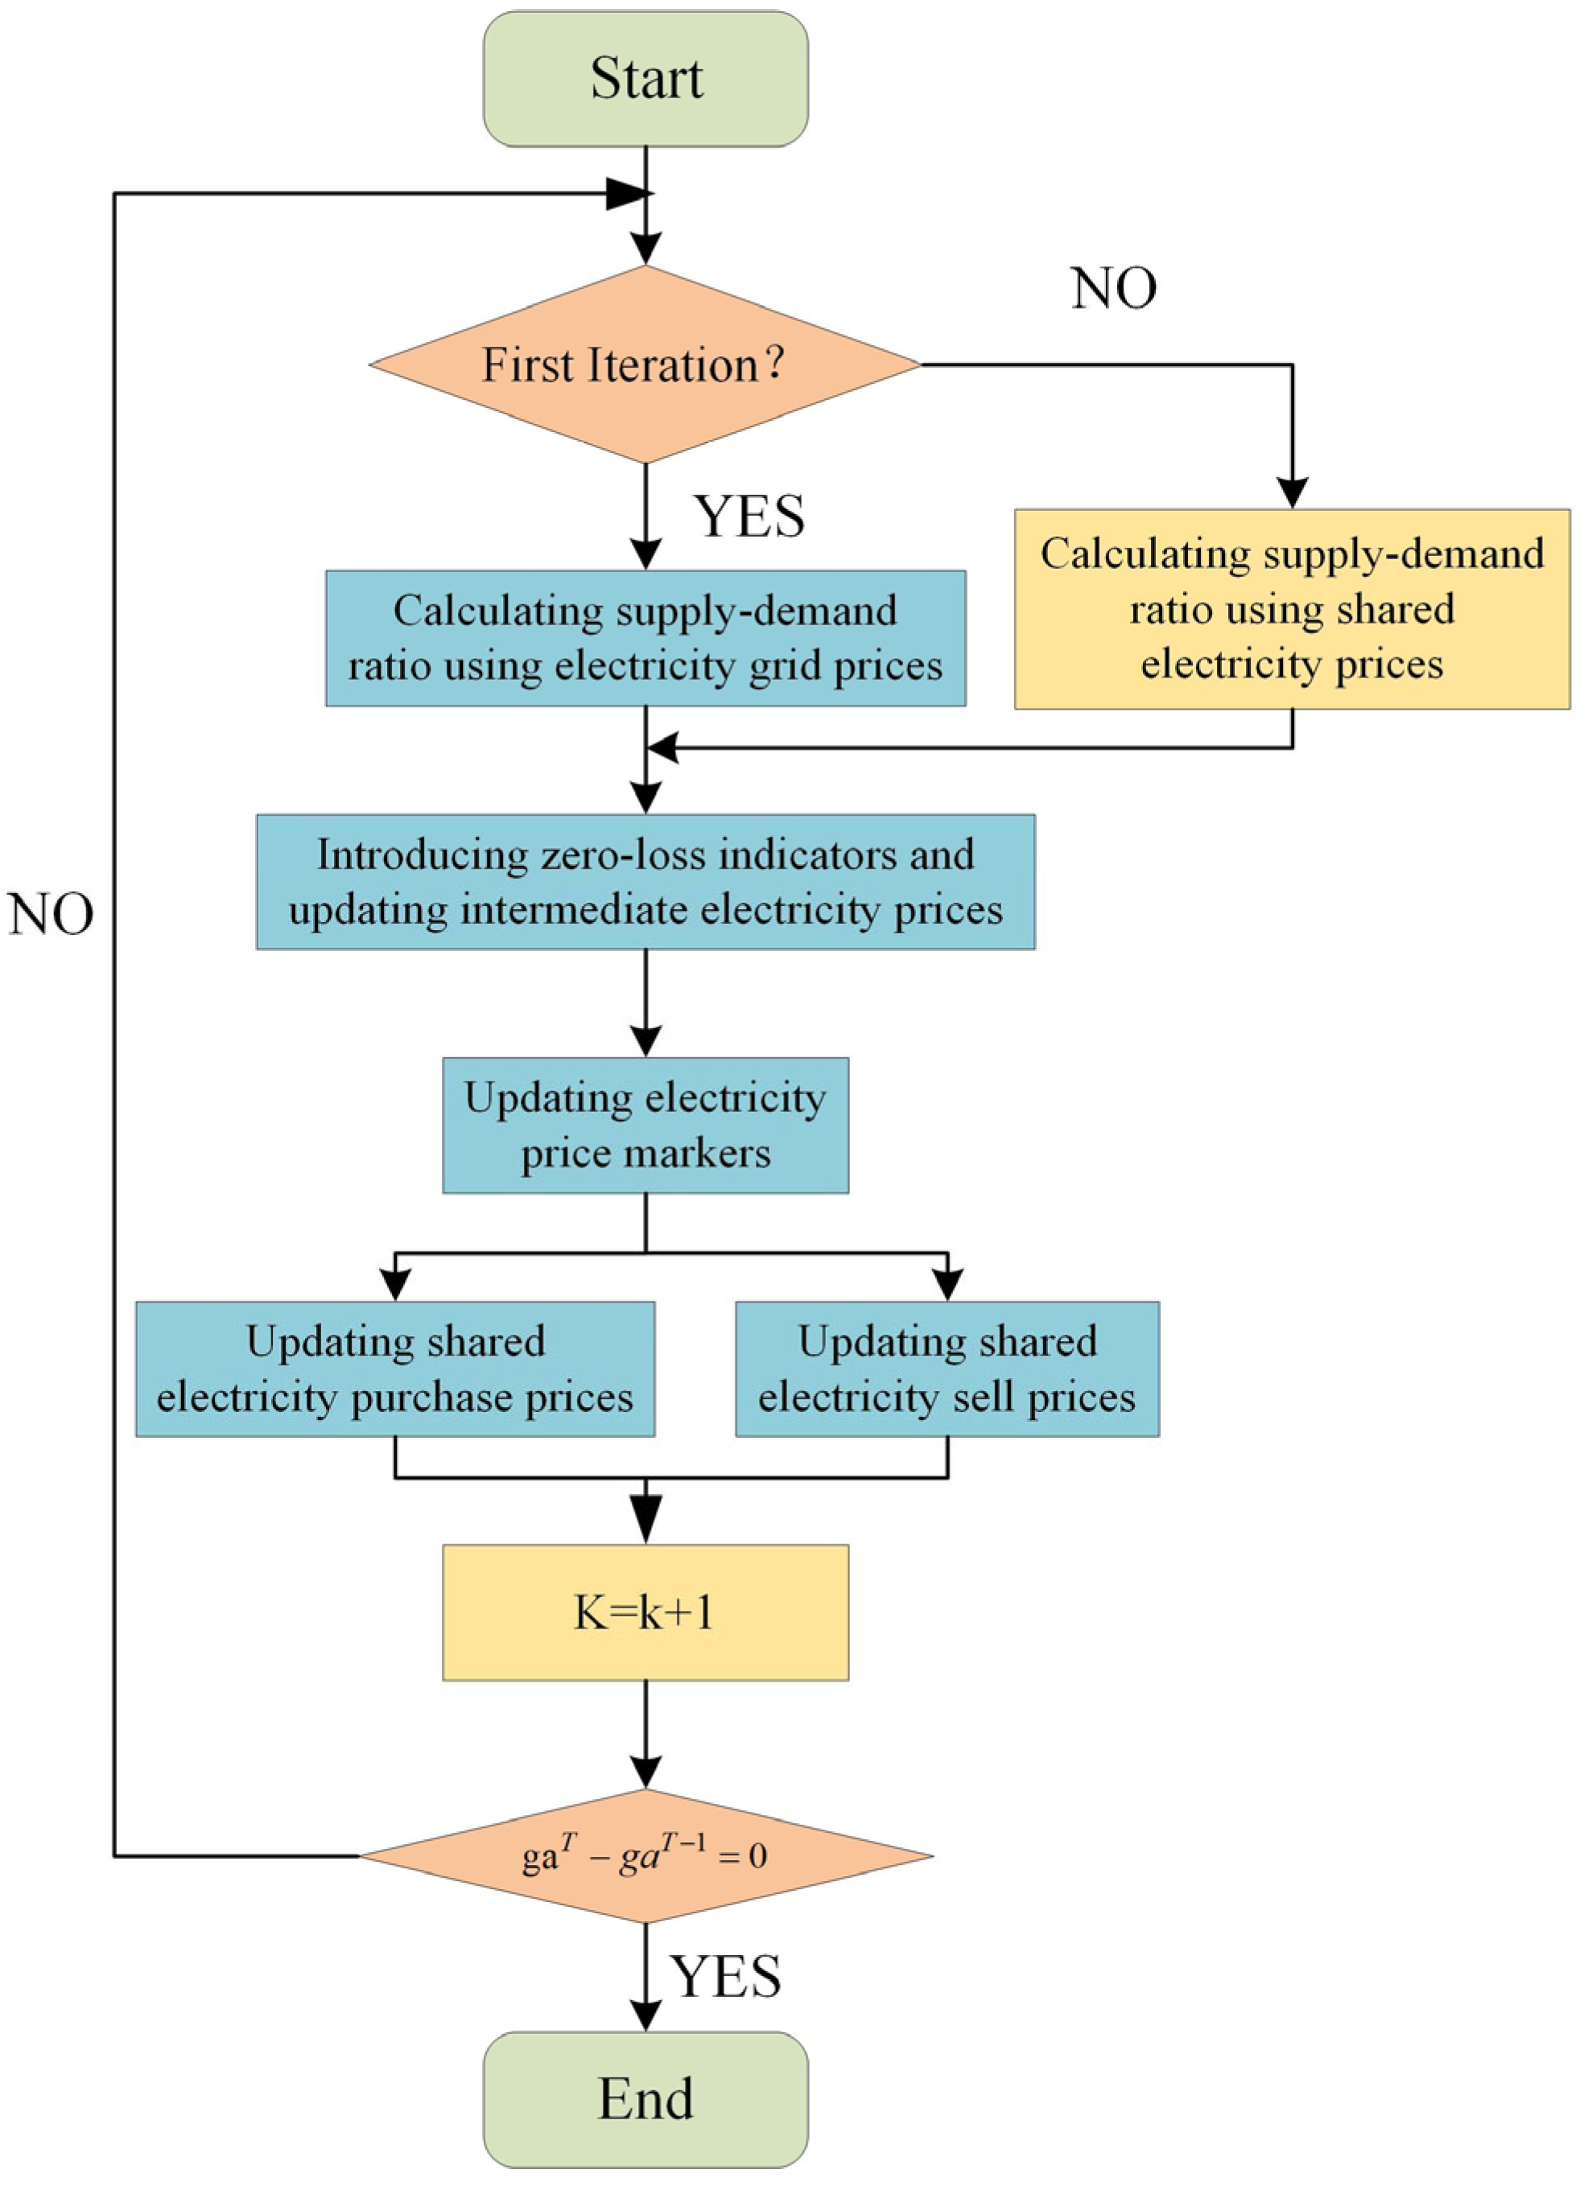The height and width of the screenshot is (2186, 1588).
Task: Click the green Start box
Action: click(645, 79)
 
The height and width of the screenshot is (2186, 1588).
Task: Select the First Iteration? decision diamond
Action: click(645, 364)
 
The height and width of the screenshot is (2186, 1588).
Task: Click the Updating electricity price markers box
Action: click(645, 1125)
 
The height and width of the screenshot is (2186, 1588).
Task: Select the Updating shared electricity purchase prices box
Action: click(395, 1369)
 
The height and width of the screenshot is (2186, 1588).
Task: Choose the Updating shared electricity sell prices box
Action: click(947, 1369)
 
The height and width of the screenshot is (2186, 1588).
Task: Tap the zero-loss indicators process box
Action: click(645, 881)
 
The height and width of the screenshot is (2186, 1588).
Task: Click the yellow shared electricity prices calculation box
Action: click(1292, 609)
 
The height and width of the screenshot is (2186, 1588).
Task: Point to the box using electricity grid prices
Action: click(645, 638)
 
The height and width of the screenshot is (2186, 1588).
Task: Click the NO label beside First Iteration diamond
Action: click(1114, 288)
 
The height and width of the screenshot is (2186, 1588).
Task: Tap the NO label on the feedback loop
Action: click(50, 914)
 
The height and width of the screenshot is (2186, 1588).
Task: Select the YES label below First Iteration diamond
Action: click(749, 517)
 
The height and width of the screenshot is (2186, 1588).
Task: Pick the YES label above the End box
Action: click(726, 1977)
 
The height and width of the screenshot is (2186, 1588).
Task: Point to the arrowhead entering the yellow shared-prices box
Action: click(1292, 492)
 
